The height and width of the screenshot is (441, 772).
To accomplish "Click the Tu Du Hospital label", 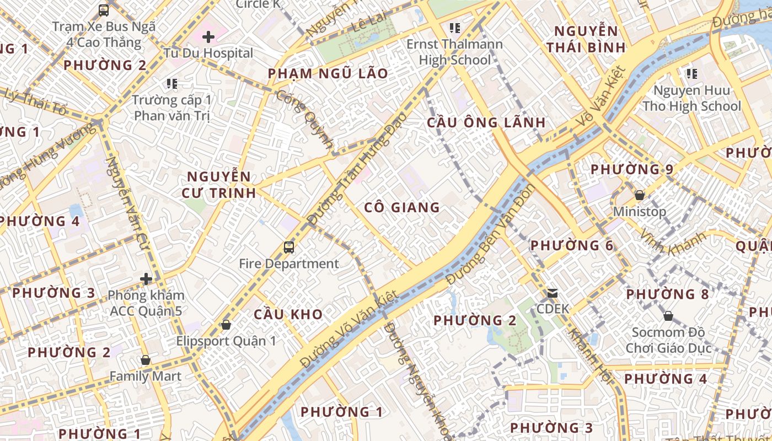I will coord(208,53).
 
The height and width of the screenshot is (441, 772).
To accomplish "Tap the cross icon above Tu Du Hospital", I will coord(208,37).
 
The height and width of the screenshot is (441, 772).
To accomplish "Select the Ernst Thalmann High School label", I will coord(454,52).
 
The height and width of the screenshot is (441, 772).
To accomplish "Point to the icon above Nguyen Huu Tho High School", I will coord(691,73).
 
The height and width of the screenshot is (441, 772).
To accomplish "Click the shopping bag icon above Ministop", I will coord(640,195).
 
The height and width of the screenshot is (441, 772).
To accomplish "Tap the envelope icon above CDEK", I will coord(553,293).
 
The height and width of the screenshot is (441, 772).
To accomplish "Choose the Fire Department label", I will coord(288,263).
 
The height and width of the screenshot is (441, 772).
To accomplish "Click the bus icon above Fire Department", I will coord(288,247).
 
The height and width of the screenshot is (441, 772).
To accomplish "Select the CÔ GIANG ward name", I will coord(402,207).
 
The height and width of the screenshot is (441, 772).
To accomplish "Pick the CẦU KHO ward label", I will coord(288,314).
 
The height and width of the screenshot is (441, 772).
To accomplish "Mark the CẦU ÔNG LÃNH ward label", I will coord(486,122).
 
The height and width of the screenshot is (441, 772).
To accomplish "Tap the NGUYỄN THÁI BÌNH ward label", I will coord(586,39).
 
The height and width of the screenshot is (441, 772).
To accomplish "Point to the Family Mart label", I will coord(145,376).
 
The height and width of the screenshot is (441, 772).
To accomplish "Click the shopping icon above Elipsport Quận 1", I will coord(226,325).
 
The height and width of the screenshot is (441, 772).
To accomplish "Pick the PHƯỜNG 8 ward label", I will coord(667,294).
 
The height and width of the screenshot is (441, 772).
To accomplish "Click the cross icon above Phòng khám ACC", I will coord(146,279).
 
